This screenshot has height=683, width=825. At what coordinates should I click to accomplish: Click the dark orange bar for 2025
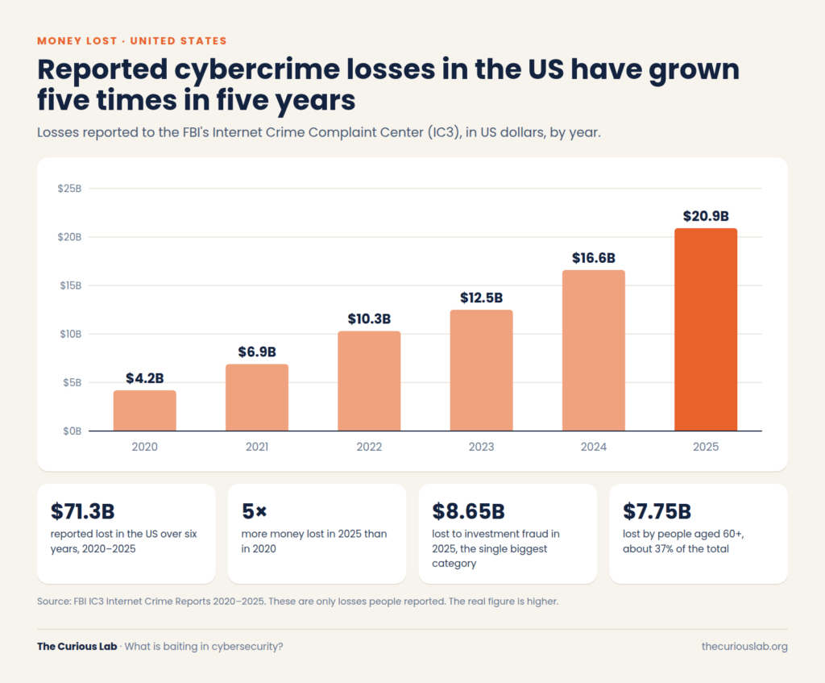pos(706,330)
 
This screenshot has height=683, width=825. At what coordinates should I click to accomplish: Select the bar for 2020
pos(145,410)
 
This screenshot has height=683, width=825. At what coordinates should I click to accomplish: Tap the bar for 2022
pos(369,381)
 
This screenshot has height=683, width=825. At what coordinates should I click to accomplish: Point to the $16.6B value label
pos(594,258)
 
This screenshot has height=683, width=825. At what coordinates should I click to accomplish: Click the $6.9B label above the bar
pos(257,352)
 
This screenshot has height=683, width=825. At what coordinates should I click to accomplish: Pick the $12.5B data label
pos(482,298)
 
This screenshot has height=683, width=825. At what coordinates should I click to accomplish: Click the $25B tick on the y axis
pos(69,189)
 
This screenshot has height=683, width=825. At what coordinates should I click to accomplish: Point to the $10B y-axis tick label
pos(71,334)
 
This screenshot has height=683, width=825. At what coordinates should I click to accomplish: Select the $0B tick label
pos(72,431)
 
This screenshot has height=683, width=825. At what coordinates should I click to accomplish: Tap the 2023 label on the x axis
pos(482,447)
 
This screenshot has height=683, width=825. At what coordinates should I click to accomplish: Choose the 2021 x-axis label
pos(257,447)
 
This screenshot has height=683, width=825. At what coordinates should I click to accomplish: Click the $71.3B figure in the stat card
pos(83,511)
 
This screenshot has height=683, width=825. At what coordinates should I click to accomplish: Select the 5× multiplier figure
pos(254,511)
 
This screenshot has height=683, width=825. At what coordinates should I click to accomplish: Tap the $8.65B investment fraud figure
pos(468,511)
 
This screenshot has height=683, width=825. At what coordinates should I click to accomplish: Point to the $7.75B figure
pos(657,511)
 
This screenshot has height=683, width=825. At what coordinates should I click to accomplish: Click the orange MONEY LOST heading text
pos(77,41)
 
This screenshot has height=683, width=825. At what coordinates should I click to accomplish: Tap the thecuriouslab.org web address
pos(744,647)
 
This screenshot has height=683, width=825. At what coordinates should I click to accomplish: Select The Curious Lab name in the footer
pos(77,646)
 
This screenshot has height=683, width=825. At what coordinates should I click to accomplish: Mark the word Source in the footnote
pos(54,602)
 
